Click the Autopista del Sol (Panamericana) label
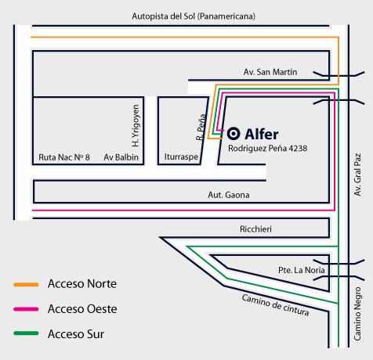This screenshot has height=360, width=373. tap(194, 16)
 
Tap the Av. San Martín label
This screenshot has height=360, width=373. tap(270, 72)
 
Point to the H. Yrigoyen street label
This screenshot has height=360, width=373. tap(136, 126)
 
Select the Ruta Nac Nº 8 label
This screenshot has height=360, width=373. tap(64, 157)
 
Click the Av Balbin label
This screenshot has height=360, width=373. tap(121, 157)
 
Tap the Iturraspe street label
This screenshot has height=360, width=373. tap(181, 157)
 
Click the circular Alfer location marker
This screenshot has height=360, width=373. tap(234, 134)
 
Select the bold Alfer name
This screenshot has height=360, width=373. tap(262, 135)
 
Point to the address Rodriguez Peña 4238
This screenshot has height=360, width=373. tap(268, 149)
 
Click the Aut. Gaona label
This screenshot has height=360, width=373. tap(229, 195)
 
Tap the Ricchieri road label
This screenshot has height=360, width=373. tap(255, 229)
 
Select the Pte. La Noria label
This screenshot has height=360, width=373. tap(302, 270)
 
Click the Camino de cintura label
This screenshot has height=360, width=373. tap(276, 305)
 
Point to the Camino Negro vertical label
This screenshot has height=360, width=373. tap(357, 314)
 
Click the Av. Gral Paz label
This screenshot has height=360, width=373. tap(357, 175)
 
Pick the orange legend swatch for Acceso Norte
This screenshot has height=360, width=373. tap(26, 285)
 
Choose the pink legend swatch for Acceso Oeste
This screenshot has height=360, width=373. tap(26, 309)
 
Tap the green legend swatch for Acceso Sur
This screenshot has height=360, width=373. tap(26, 333)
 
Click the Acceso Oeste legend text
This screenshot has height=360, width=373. tap(82, 309)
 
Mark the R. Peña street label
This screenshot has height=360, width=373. tap(201, 127)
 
